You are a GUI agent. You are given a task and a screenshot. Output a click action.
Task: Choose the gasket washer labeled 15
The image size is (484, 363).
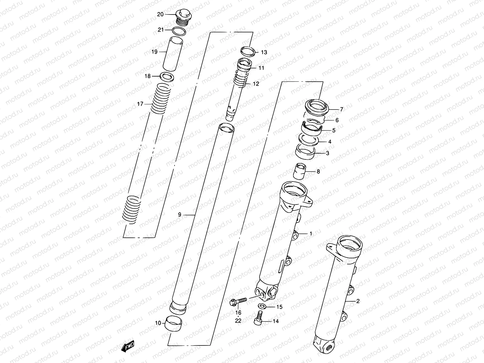pos(263,307)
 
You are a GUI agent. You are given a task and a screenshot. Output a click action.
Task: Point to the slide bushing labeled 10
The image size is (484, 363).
pos(174,324)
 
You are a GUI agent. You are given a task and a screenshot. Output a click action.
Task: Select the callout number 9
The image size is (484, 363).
pos(180,215)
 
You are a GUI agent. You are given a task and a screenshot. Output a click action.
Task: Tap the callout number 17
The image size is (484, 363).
pos(140,104)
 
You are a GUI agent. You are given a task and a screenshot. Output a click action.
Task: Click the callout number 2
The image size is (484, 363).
pos(358,301)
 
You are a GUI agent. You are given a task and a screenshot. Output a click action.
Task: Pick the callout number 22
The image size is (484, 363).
pos(238,321)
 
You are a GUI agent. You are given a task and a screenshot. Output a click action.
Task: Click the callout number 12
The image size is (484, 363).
pos(256,84)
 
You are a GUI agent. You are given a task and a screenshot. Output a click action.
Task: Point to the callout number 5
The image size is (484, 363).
pos(334,131)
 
